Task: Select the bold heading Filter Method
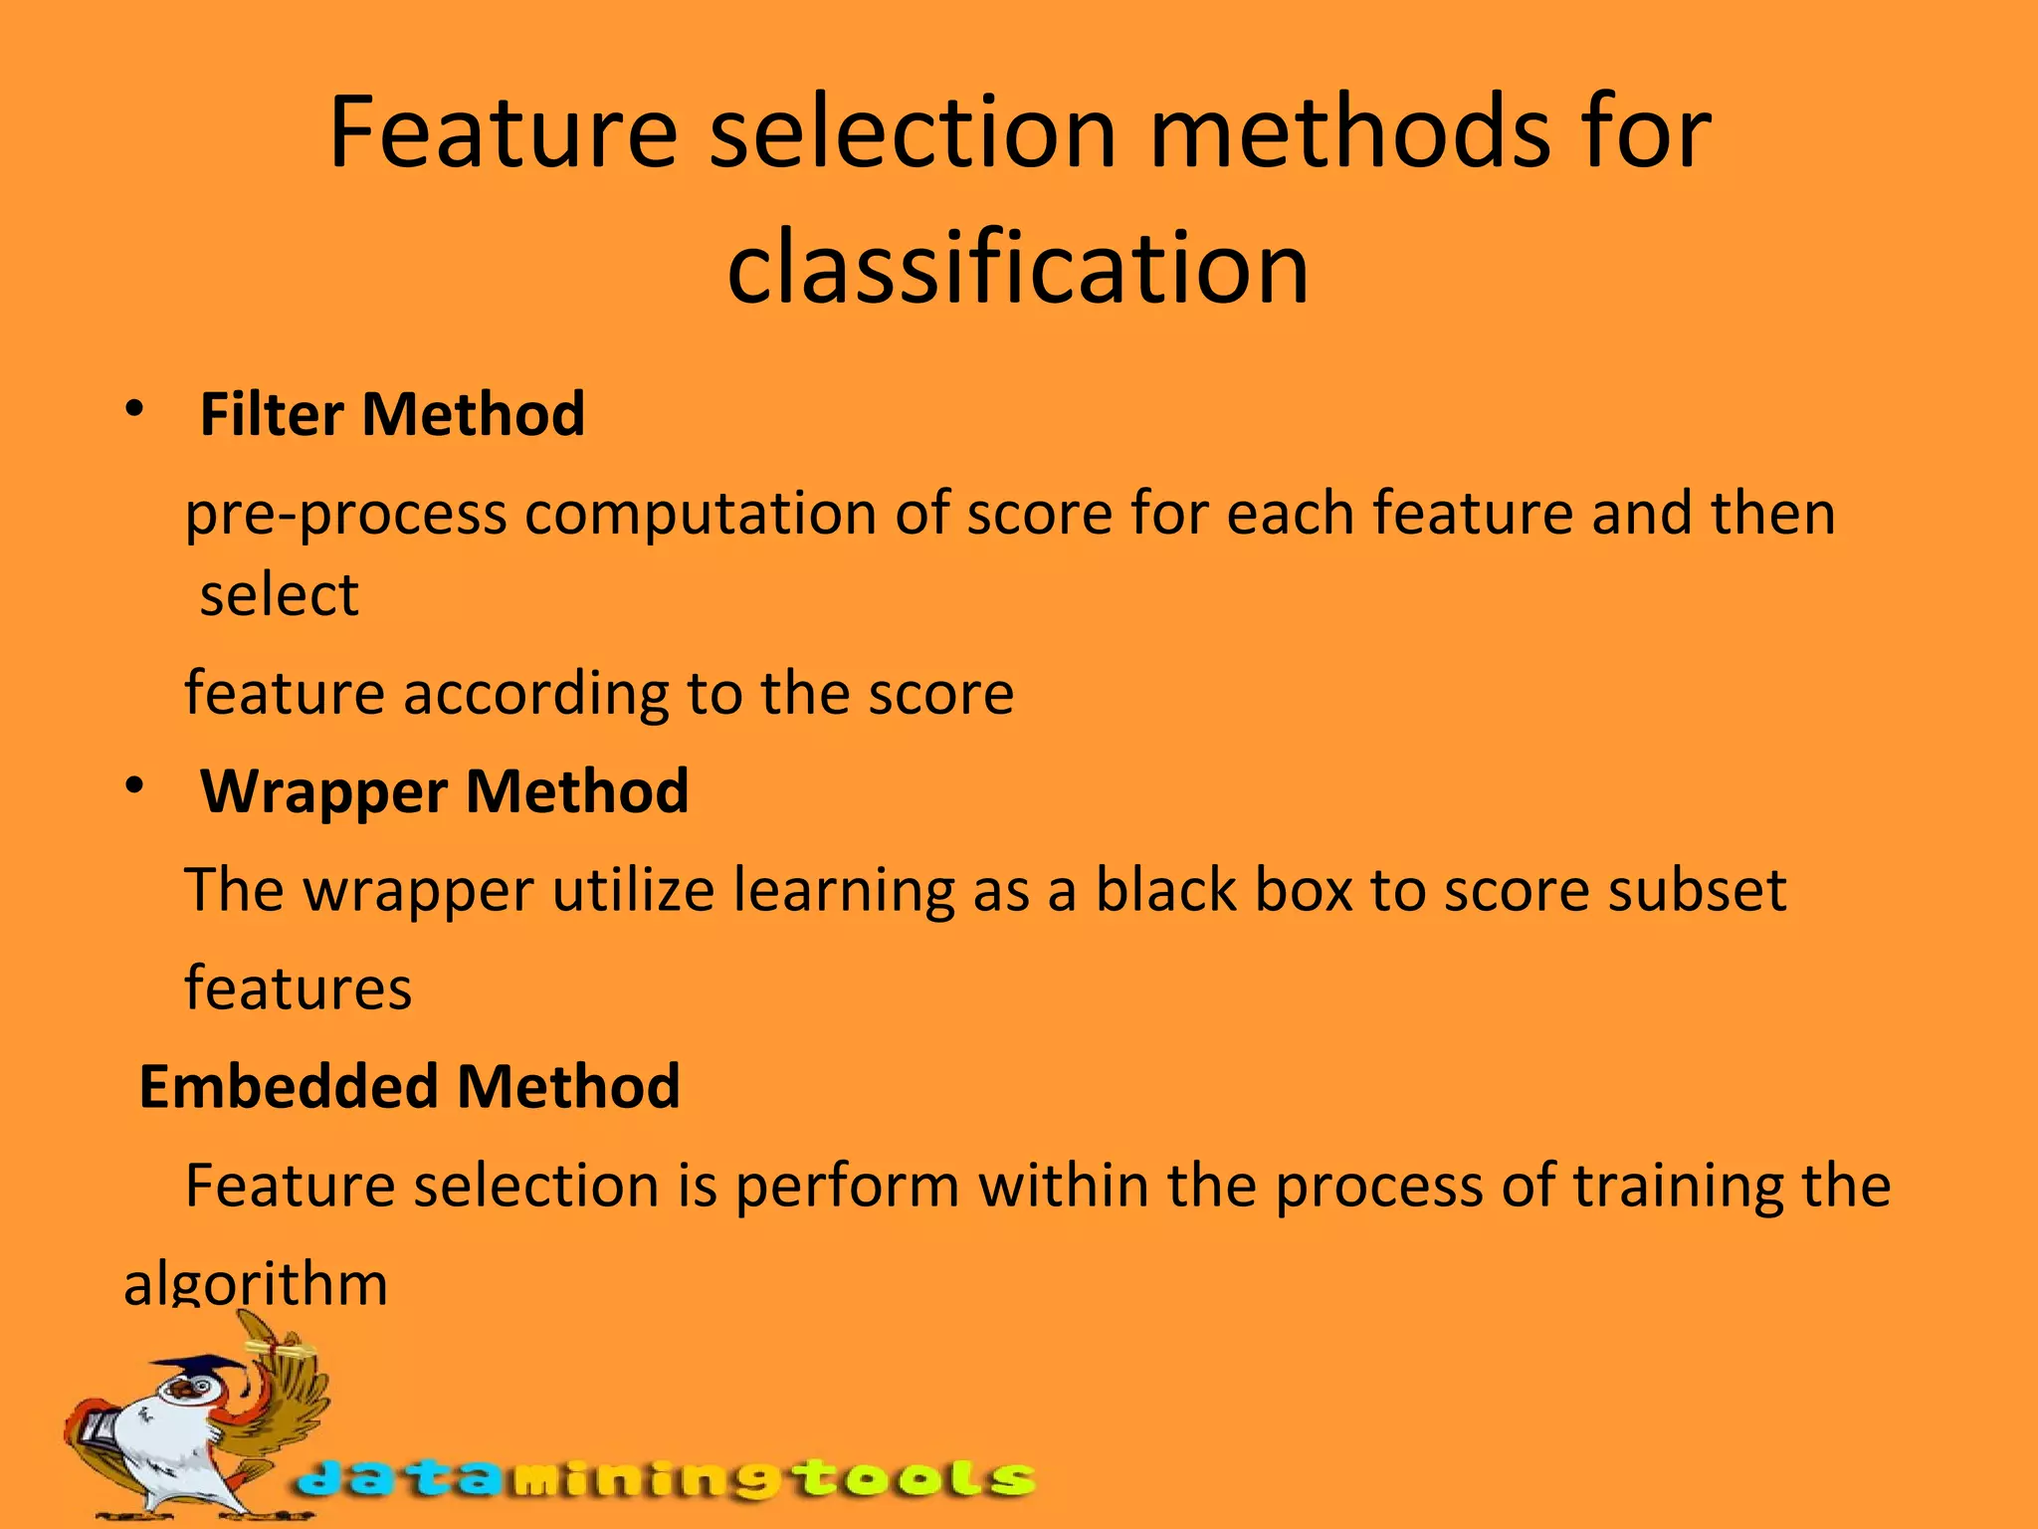(x=392, y=414)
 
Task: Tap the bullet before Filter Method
(x=135, y=409)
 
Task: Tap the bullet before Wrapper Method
(x=135, y=786)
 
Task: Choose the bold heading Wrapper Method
(x=444, y=791)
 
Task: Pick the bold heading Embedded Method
(x=409, y=1086)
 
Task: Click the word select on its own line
(x=279, y=595)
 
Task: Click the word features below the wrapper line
(x=298, y=988)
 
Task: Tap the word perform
(x=847, y=1187)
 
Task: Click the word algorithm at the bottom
(x=255, y=1284)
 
